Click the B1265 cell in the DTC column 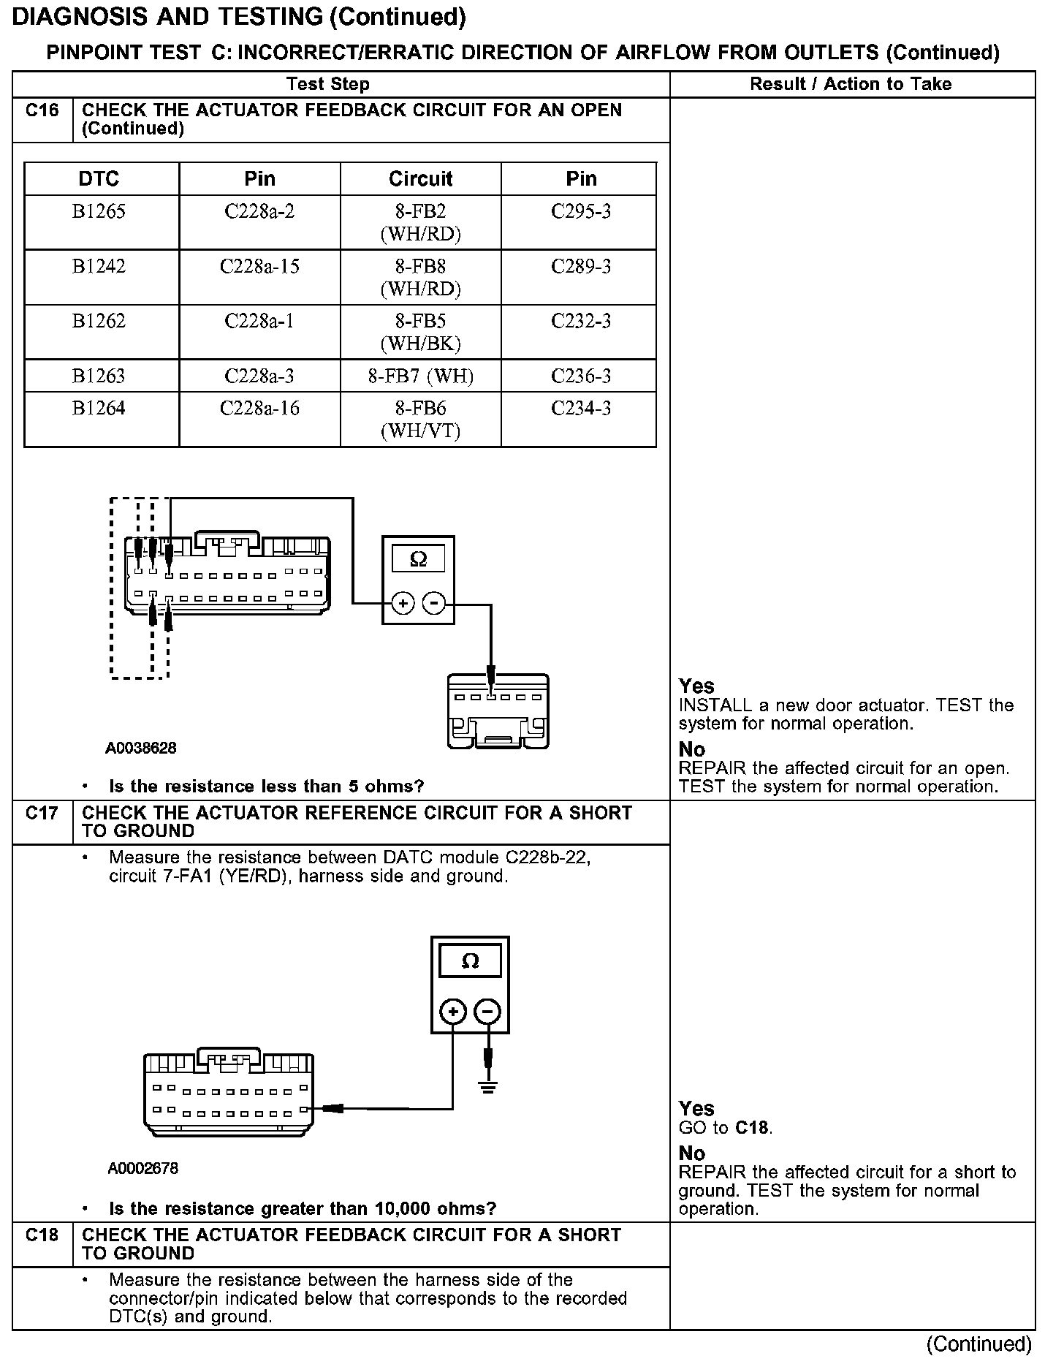(99, 212)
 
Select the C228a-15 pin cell (259, 267)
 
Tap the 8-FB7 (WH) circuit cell (420, 376)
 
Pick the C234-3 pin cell (581, 409)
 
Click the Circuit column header (420, 179)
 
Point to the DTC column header (99, 179)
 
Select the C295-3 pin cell (581, 212)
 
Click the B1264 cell (99, 409)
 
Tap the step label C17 (42, 814)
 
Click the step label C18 (42, 1235)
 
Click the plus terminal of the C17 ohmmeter (453, 1012)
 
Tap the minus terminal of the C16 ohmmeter (434, 603)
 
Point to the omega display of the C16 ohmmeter (418, 559)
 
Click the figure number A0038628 (141, 749)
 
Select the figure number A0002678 (143, 1169)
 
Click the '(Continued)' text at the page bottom (978, 1344)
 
